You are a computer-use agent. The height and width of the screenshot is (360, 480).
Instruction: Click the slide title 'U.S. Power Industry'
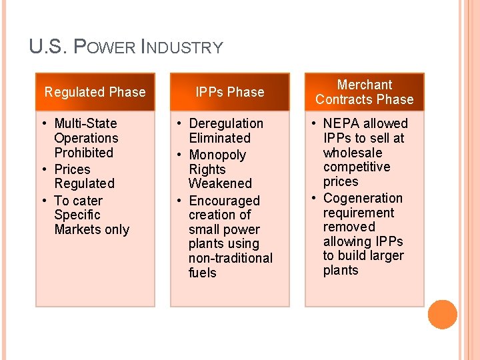126,47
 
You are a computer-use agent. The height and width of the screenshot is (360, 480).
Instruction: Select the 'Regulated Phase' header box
95,92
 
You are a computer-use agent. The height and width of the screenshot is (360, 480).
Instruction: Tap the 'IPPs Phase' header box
230,92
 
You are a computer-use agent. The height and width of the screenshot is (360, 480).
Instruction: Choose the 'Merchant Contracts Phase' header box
365,92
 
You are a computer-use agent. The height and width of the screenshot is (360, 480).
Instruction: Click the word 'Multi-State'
85,123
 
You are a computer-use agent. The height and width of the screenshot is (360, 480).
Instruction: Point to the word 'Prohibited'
84,153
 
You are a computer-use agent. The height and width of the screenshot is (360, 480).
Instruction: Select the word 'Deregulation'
226,123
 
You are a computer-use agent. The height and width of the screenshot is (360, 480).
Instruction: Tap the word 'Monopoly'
217,155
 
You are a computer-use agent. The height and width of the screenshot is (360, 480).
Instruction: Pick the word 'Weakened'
220,183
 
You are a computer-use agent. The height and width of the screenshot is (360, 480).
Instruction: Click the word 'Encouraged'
225,201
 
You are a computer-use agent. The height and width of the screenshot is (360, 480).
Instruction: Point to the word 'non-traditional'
231,258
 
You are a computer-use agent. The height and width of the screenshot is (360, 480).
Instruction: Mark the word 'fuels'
203,273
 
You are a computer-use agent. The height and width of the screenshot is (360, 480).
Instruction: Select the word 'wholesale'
353,153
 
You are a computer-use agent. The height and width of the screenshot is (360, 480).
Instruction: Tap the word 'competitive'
357,167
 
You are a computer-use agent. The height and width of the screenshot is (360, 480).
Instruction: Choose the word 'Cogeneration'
363,198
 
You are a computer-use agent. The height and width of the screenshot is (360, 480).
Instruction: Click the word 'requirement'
359,213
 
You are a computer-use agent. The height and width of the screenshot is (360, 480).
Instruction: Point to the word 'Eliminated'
220,138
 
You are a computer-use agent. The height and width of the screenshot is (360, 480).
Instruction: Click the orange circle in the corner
443,315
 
